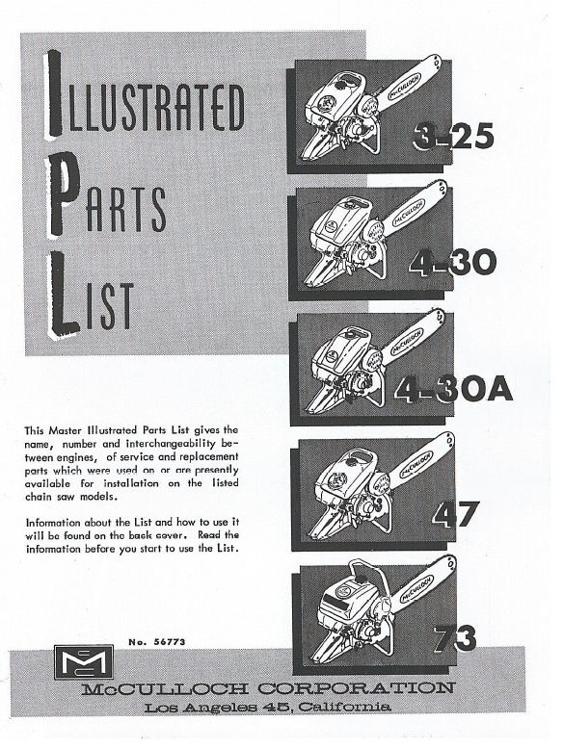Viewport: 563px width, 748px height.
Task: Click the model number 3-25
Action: [453, 137]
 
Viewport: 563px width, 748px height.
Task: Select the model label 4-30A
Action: [453, 389]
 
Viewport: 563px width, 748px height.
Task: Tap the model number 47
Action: [455, 514]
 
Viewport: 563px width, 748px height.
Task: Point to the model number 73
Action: [454, 638]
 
